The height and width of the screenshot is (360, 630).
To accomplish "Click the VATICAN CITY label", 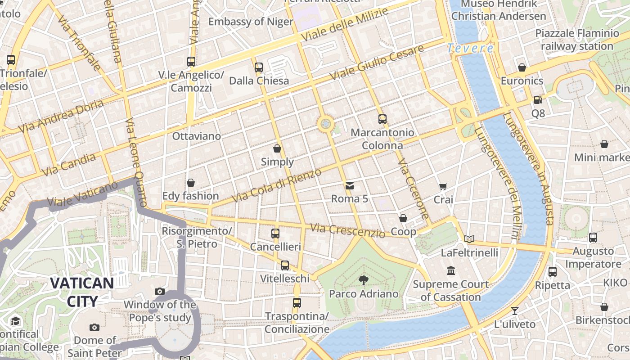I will (x=81, y=292).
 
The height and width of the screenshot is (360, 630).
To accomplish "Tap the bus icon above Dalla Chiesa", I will (x=258, y=67).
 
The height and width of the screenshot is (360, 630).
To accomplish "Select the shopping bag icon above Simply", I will (x=277, y=148).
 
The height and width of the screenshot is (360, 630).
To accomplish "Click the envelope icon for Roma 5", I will (x=349, y=185).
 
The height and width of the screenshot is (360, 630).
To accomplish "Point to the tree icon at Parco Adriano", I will (x=363, y=280).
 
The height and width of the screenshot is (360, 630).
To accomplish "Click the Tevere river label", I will (x=470, y=48).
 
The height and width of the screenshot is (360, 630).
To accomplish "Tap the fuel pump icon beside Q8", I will (x=537, y=99).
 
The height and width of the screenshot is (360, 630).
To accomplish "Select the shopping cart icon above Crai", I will (x=443, y=186).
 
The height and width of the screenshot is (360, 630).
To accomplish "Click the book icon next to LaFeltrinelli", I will (x=469, y=239).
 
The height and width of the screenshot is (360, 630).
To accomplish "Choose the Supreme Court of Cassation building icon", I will (x=451, y=270).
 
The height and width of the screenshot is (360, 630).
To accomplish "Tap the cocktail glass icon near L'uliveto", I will (x=514, y=310).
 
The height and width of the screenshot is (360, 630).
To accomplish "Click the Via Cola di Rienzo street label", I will (x=276, y=185).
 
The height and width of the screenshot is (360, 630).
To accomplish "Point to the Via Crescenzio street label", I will (x=347, y=230).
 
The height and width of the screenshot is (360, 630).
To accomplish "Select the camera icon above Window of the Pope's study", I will (x=159, y=291).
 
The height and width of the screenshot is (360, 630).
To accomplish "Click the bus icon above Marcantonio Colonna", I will (x=382, y=119).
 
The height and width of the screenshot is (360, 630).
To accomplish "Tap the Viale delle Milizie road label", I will (x=344, y=25).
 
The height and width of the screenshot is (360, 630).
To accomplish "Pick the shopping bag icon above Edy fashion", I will (x=191, y=183).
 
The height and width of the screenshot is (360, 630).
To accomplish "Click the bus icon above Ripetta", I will (x=552, y=271).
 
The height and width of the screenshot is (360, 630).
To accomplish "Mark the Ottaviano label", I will (x=197, y=136).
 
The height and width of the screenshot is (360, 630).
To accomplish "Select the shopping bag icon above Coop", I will (x=403, y=218).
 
